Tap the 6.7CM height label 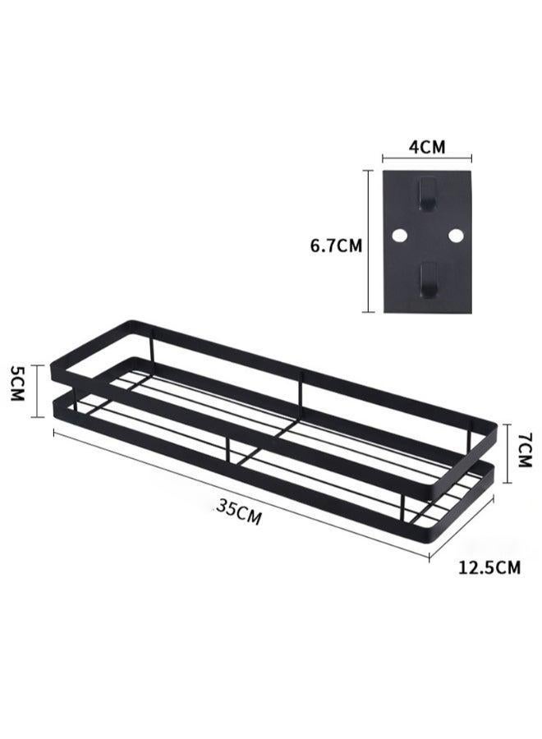pos(336,245)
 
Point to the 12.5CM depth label pos(489,566)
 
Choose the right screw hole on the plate pos(456,236)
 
